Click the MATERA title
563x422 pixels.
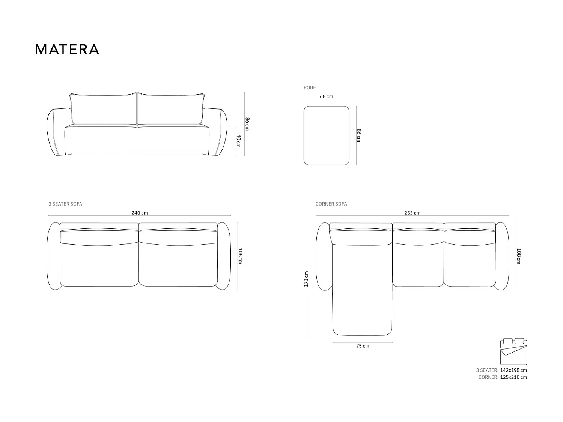[67, 50]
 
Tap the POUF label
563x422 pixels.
[310, 88]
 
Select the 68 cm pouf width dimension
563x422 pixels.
[326, 97]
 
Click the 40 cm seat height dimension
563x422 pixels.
[239, 141]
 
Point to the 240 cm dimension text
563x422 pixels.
[140, 213]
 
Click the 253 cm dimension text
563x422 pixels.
[412, 213]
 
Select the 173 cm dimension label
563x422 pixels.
[306, 279]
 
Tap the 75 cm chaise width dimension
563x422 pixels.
[363, 346]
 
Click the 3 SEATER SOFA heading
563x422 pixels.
[65, 204]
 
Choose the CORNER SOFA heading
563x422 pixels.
[331, 204]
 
